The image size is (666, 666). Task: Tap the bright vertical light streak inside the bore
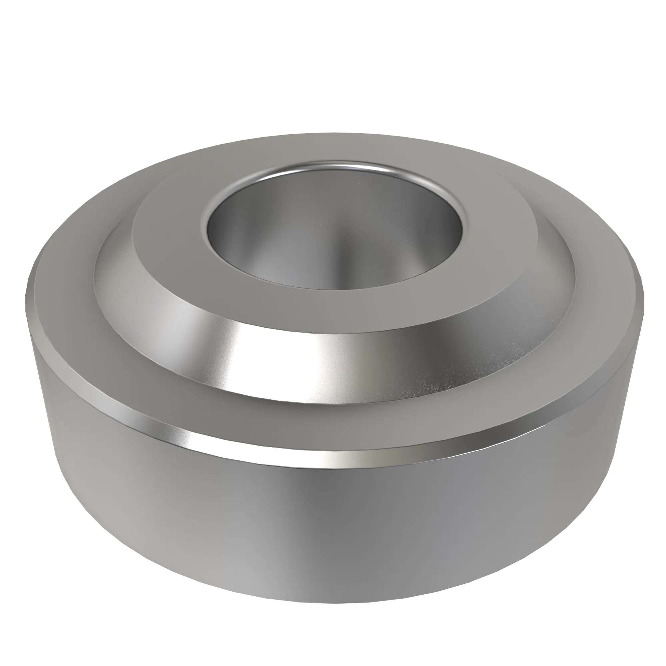340,255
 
